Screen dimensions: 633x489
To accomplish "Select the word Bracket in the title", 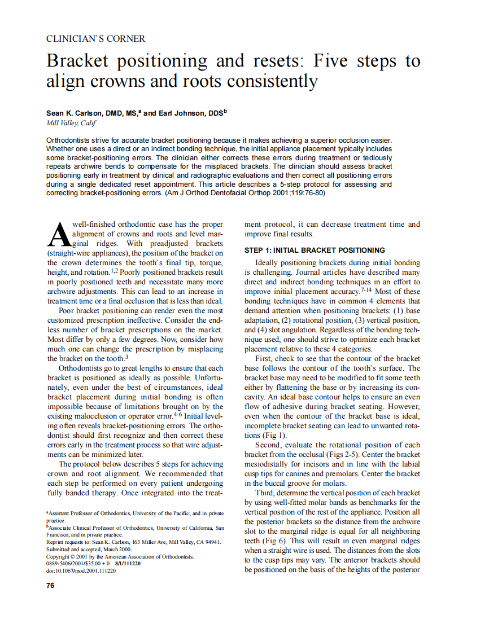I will click(x=78, y=61).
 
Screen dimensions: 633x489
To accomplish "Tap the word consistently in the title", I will click(x=272, y=81).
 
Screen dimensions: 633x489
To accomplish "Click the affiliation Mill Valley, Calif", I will click(x=71, y=123).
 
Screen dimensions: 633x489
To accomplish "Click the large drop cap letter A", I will click(x=59, y=235).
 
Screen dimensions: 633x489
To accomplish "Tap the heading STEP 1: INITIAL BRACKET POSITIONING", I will click(x=315, y=250).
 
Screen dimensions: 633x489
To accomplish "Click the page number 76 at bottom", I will click(x=50, y=585).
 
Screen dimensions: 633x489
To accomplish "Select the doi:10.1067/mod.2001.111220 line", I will click(x=81, y=571).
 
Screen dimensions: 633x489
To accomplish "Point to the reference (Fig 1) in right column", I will click(x=274, y=436).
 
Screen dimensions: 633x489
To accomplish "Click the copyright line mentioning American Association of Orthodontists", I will click(x=120, y=556).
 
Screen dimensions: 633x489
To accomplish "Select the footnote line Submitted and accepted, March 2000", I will click(x=89, y=549).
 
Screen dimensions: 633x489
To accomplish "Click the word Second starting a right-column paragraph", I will click(x=269, y=445).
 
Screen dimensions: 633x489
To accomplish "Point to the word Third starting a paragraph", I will click(x=267, y=493).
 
